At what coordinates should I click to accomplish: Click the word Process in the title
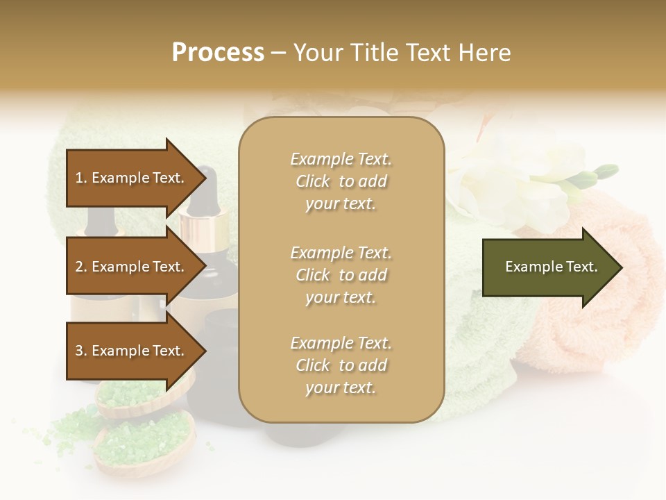coord(218,53)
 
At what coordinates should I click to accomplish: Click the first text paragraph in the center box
coord(341,181)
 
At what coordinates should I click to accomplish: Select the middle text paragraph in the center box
coord(341,275)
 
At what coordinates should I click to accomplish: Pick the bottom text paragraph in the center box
coord(341,365)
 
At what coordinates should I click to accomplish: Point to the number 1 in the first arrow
coord(79,178)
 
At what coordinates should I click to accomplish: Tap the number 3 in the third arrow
coord(79,351)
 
